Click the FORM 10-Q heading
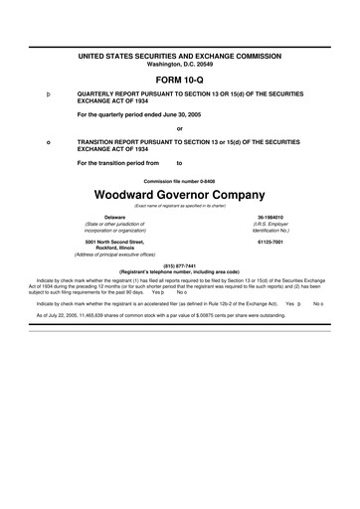(179, 78)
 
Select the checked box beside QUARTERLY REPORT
(49, 95)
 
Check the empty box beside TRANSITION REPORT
(49, 143)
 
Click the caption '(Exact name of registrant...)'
(179, 205)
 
